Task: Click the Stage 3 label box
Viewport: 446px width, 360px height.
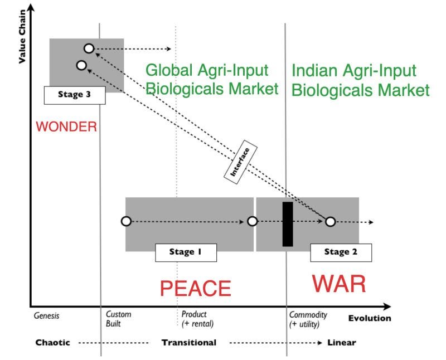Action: pos(74,95)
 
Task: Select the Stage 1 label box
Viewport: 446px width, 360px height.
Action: pos(185,252)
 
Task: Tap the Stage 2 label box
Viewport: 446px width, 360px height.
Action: pos(341,252)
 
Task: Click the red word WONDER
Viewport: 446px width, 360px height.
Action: pos(66,127)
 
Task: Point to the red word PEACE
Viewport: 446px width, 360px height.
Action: pos(195,288)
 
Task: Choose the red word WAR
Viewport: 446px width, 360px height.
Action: pos(338,284)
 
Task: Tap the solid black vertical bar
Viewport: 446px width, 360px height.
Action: pos(288,223)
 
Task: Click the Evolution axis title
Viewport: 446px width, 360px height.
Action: pos(369,319)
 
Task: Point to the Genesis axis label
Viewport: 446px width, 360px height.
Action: pos(46,315)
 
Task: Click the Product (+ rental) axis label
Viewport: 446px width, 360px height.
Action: pos(197,319)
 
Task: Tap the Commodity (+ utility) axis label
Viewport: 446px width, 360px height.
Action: pos(308,319)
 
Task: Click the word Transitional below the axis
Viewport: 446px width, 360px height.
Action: pos(188,342)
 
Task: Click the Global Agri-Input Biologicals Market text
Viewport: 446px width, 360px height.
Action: pos(211,80)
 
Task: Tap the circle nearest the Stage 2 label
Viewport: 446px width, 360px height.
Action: pos(330,222)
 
